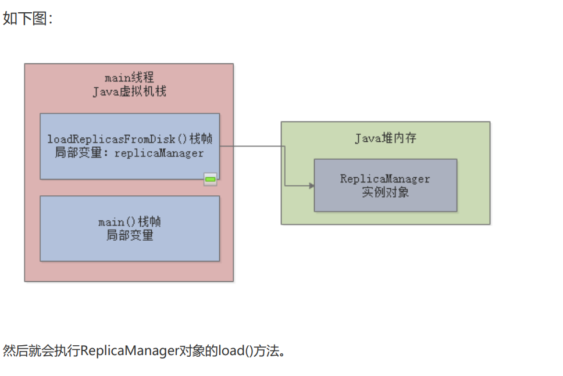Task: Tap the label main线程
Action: point(129,78)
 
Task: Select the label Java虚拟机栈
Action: point(129,91)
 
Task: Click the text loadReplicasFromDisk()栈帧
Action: point(130,140)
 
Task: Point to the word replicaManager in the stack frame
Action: point(159,153)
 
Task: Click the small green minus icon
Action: point(210,180)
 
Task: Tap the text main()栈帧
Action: point(130,222)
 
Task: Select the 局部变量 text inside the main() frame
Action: point(130,235)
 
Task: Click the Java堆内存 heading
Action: point(385,138)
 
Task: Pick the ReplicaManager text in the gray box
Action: point(385,178)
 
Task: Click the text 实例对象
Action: point(385,192)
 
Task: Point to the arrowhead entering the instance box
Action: point(311,185)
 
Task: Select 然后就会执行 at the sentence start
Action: point(41,351)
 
